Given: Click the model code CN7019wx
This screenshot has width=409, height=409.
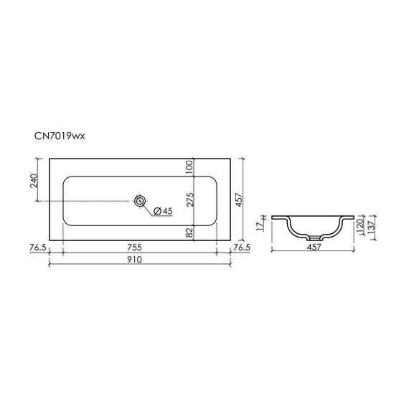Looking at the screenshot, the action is [x=60, y=136].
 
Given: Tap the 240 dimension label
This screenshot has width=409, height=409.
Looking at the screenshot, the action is [x=34, y=181].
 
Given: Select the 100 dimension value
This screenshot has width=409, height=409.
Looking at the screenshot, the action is [x=189, y=167].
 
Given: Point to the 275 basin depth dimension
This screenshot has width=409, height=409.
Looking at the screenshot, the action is [x=190, y=199].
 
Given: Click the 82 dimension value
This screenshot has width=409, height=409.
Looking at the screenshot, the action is [x=189, y=232].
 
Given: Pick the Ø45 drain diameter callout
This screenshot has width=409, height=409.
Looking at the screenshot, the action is [x=163, y=211].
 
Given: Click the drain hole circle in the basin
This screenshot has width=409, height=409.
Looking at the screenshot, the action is [x=140, y=201].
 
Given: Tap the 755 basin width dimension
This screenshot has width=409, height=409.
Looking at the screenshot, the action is [x=135, y=248].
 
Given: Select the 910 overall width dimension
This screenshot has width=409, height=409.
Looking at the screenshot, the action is [x=135, y=260].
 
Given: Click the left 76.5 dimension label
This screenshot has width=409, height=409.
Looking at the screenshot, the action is [x=38, y=248].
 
